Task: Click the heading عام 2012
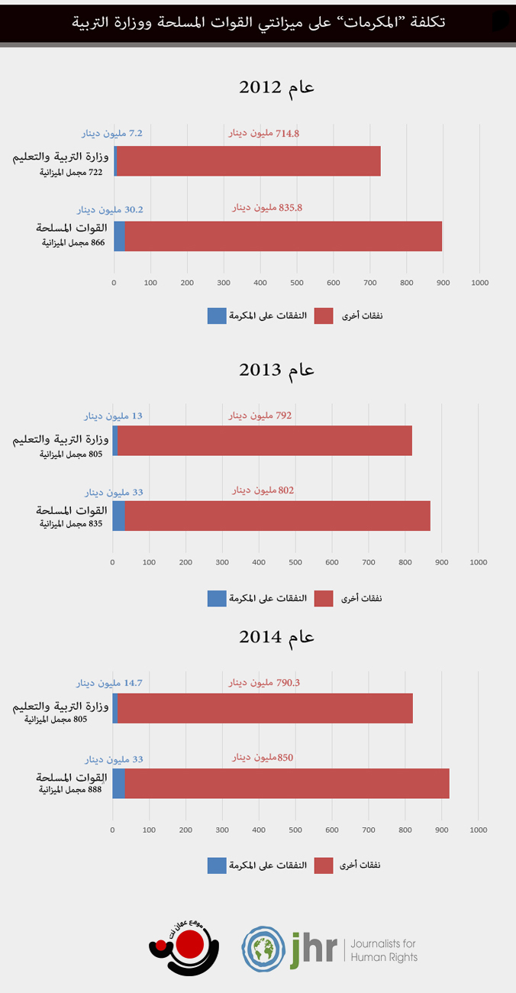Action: [x=277, y=87]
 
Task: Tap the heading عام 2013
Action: [x=277, y=370]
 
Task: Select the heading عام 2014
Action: [x=277, y=637]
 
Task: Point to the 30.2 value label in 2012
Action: [x=110, y=209]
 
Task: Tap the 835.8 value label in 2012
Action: [x=267, y=207]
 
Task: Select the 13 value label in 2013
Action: [x=113, y=416]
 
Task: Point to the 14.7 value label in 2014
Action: [x=110, y=683]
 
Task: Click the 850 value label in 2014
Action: [x=263, y=758]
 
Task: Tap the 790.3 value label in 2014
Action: [x=264, y=683]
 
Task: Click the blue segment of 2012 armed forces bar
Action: [x=119, y=236]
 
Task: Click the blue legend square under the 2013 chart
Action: [x=217, y=598]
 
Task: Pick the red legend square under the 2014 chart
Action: [x=324, y=865]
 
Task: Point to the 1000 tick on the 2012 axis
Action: [x=479, y=283]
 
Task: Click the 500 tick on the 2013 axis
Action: [x=295, y=562]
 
